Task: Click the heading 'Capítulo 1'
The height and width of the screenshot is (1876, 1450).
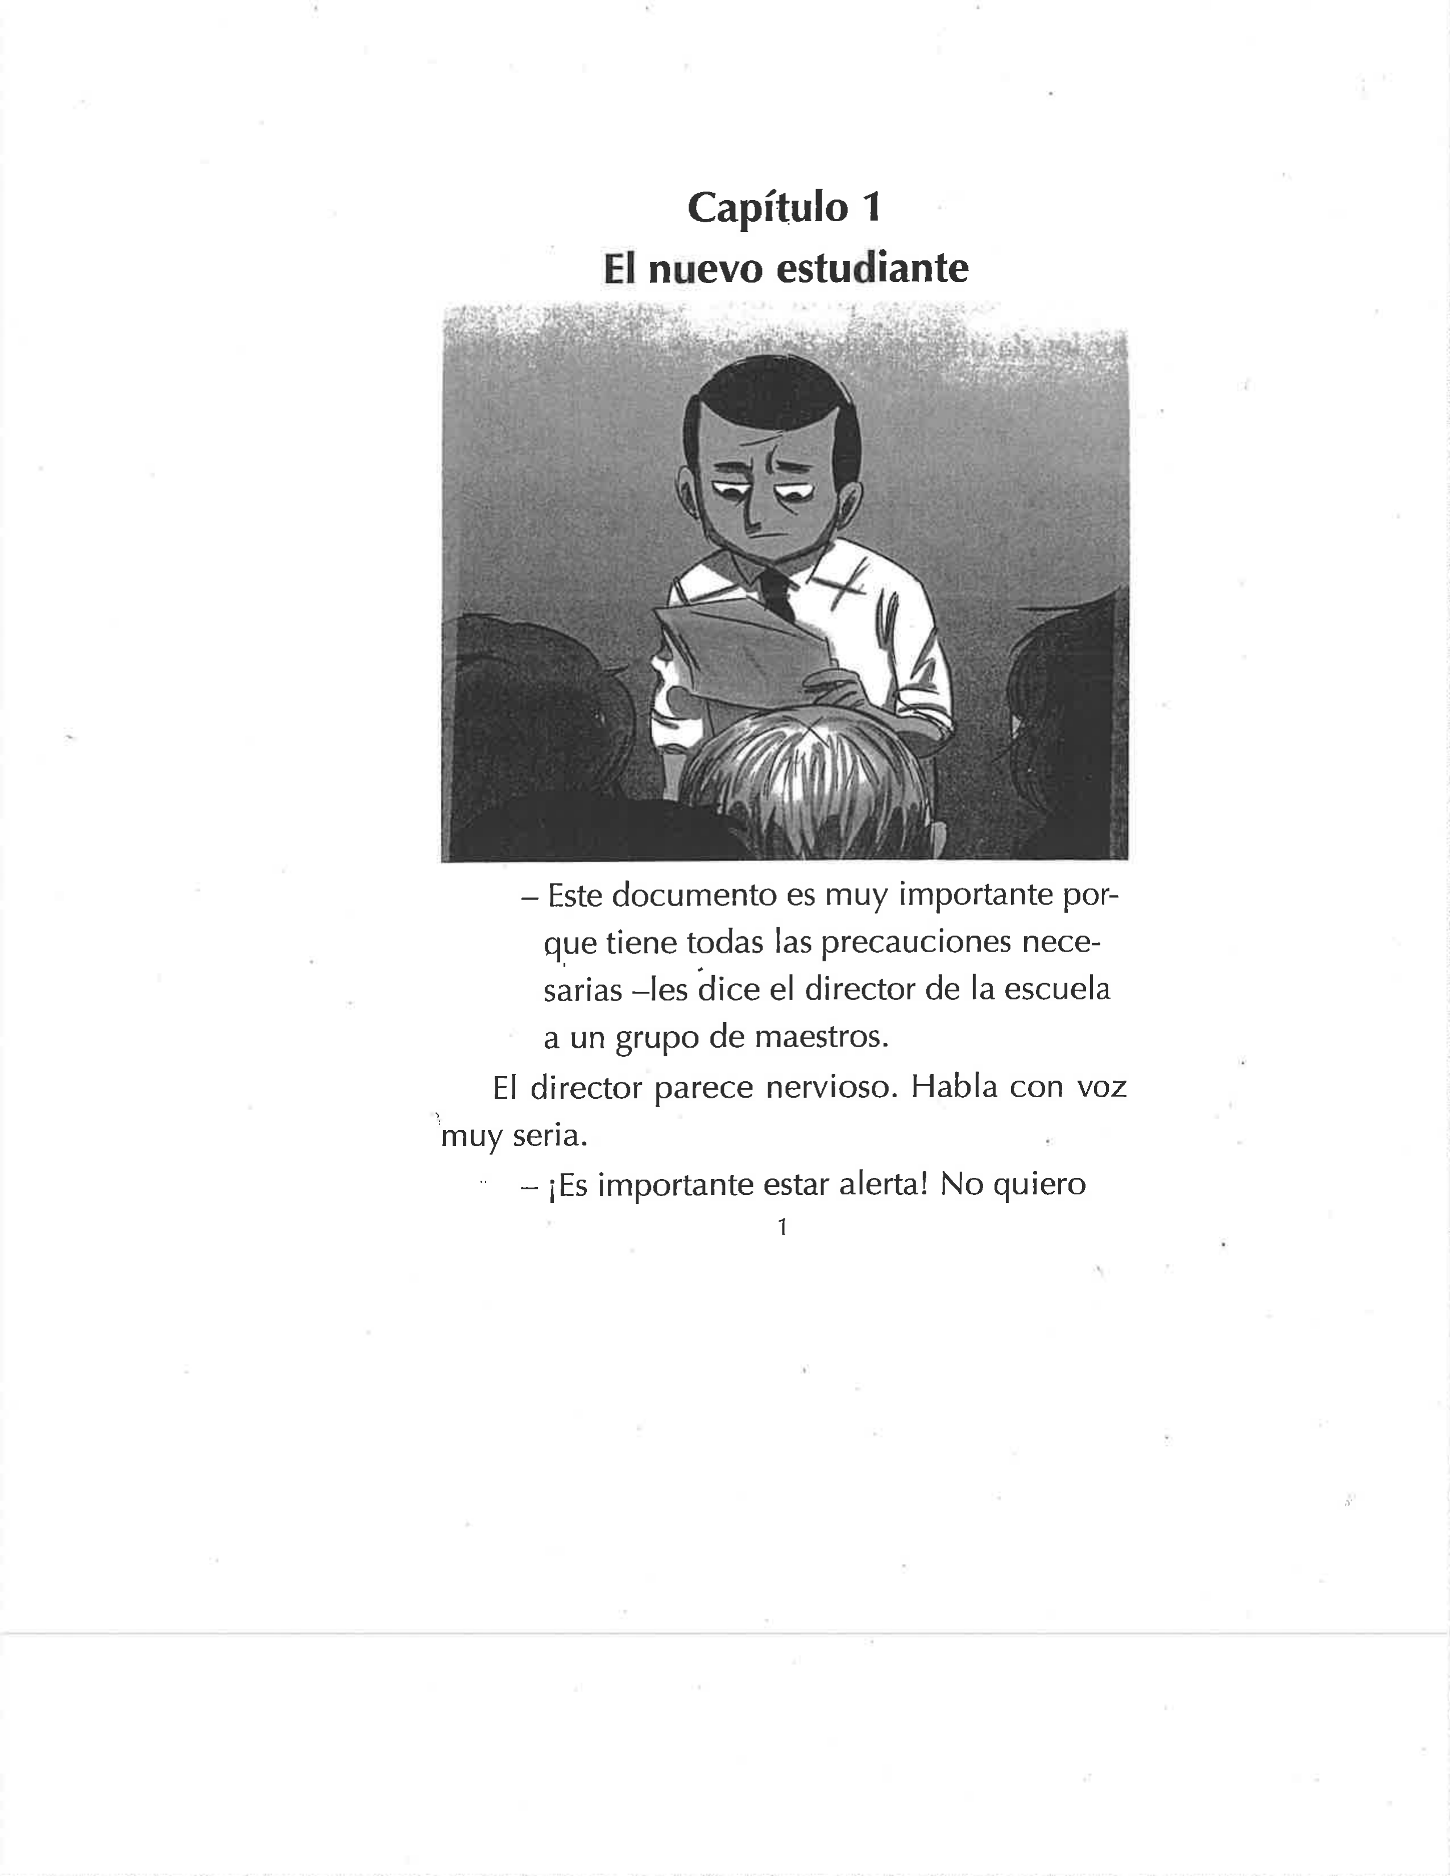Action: pyautogui.click(x=784, y=207)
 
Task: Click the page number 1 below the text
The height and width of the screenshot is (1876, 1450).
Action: pyautogui.click(x=782, y=1227)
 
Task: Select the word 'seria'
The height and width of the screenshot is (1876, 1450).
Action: pyautogui.click(x=550, y=1136)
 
